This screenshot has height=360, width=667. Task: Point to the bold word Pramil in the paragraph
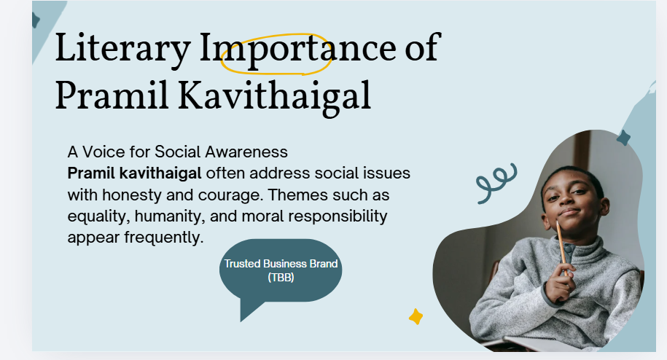tap(91, 173)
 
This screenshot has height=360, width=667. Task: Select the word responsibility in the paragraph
tap(338, 216)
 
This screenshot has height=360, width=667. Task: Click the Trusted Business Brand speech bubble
tap(281, 272)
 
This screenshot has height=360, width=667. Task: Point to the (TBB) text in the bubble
tap(281, 278)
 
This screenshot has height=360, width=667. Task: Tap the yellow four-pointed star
tap(416, 317)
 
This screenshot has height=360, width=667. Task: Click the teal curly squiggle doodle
tap(496, 183)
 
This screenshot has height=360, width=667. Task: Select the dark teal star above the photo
tap(623, 138)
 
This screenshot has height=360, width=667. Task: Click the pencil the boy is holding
tap(561, 246)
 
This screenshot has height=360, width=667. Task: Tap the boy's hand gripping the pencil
tap(561, 282)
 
